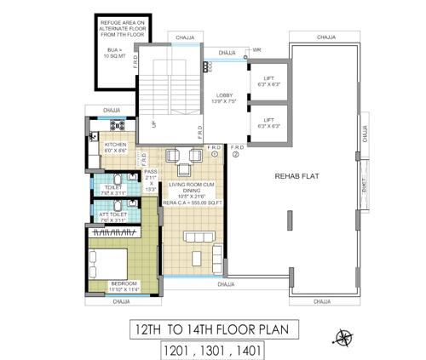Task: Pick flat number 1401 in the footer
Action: (x=243, y=349)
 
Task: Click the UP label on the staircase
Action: (x=153, y=124)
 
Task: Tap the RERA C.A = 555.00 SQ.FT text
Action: (x=195, y=203)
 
